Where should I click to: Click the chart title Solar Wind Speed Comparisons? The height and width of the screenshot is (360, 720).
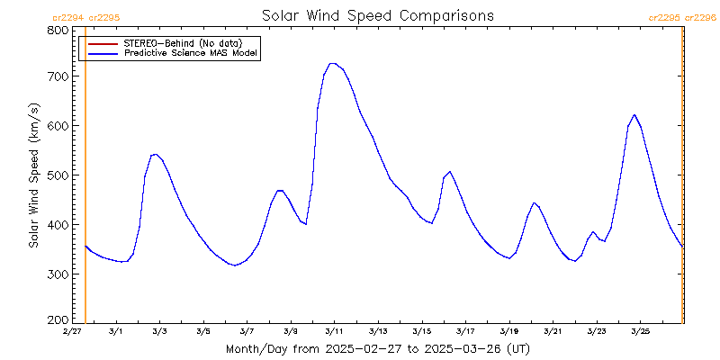377,15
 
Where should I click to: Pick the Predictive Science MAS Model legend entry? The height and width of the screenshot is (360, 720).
191,54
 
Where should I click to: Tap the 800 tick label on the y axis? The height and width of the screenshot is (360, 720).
58,30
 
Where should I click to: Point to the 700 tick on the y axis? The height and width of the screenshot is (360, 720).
58,77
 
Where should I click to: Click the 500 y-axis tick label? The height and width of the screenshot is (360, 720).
58,175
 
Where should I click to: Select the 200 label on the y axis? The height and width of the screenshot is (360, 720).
58,319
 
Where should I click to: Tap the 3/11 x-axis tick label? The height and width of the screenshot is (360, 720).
334,331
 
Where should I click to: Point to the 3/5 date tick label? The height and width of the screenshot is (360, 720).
203,331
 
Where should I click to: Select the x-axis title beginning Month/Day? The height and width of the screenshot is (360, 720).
377,348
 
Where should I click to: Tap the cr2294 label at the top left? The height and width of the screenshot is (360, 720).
68,17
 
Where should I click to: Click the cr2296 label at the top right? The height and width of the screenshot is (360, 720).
701,17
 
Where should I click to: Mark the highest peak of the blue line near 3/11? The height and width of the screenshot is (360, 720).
332,63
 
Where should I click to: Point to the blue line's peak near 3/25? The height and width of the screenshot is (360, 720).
634,114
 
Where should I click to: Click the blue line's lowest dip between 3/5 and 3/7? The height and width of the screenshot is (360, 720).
234,265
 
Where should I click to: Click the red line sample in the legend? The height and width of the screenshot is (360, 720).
103,43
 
